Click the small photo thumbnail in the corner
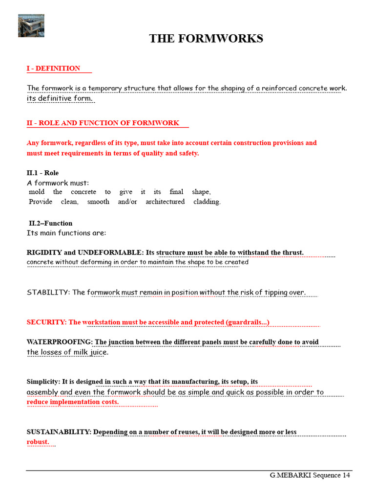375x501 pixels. point(31,25)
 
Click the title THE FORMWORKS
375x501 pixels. point(206,39)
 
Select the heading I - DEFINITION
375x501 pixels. point(53,68)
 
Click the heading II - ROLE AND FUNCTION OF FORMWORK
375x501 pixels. point(103,123)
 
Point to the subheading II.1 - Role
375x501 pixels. point(42,173)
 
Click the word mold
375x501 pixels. point(37,192)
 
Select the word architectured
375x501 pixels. point(165,202)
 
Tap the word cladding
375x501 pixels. point(207,202)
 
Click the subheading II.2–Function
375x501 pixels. point(50,224)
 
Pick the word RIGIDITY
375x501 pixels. point(44,252)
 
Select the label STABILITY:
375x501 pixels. point(48,293)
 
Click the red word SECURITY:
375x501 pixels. point(46,322)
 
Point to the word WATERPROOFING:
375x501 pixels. point(60,342)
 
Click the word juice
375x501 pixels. point(99,352)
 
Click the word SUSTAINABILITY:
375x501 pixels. point(59,432)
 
